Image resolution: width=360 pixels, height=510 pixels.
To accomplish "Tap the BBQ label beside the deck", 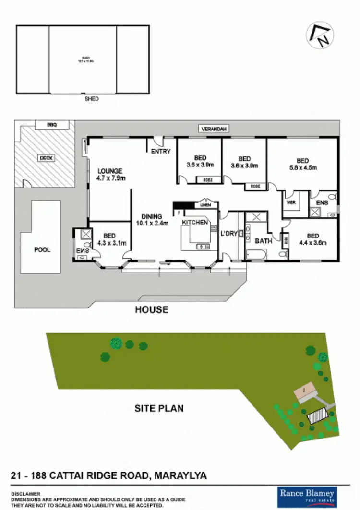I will tap(51, 125).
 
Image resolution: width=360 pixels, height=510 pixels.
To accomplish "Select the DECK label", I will tap(46, 157).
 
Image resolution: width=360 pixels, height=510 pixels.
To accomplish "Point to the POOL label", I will tap(42, 250).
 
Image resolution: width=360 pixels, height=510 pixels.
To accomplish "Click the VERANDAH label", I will tap(213, 129).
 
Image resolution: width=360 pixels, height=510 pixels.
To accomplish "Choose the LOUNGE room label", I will tap(110, 171).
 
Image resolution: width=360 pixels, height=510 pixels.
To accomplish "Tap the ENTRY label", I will tap(160, 152).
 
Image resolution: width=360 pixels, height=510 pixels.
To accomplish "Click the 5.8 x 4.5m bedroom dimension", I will tap(302, 168).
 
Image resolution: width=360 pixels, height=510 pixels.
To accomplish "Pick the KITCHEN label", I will tap(195, 223).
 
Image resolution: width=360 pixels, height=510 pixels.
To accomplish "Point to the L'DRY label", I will tap(228, 233).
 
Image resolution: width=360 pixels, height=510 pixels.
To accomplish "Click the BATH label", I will tap(264, 241).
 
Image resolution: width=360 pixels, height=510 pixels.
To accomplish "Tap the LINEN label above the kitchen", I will tap(205, 205).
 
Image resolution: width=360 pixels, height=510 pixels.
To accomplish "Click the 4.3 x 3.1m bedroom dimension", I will tap(110, 243).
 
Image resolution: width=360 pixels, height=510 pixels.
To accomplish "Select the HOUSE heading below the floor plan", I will tap(152, 309).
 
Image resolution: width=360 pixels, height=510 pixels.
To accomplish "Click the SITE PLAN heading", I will tap(159, 409).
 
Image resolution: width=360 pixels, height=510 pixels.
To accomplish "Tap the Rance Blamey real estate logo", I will tap(308, 494).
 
